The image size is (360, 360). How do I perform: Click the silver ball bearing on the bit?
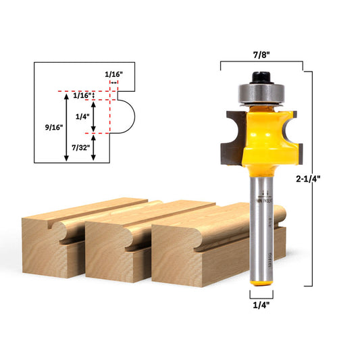[x=259, y=92]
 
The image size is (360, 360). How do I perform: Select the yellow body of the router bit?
[x=260, y=135]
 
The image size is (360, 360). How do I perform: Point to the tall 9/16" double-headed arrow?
[x=66, y=127]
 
